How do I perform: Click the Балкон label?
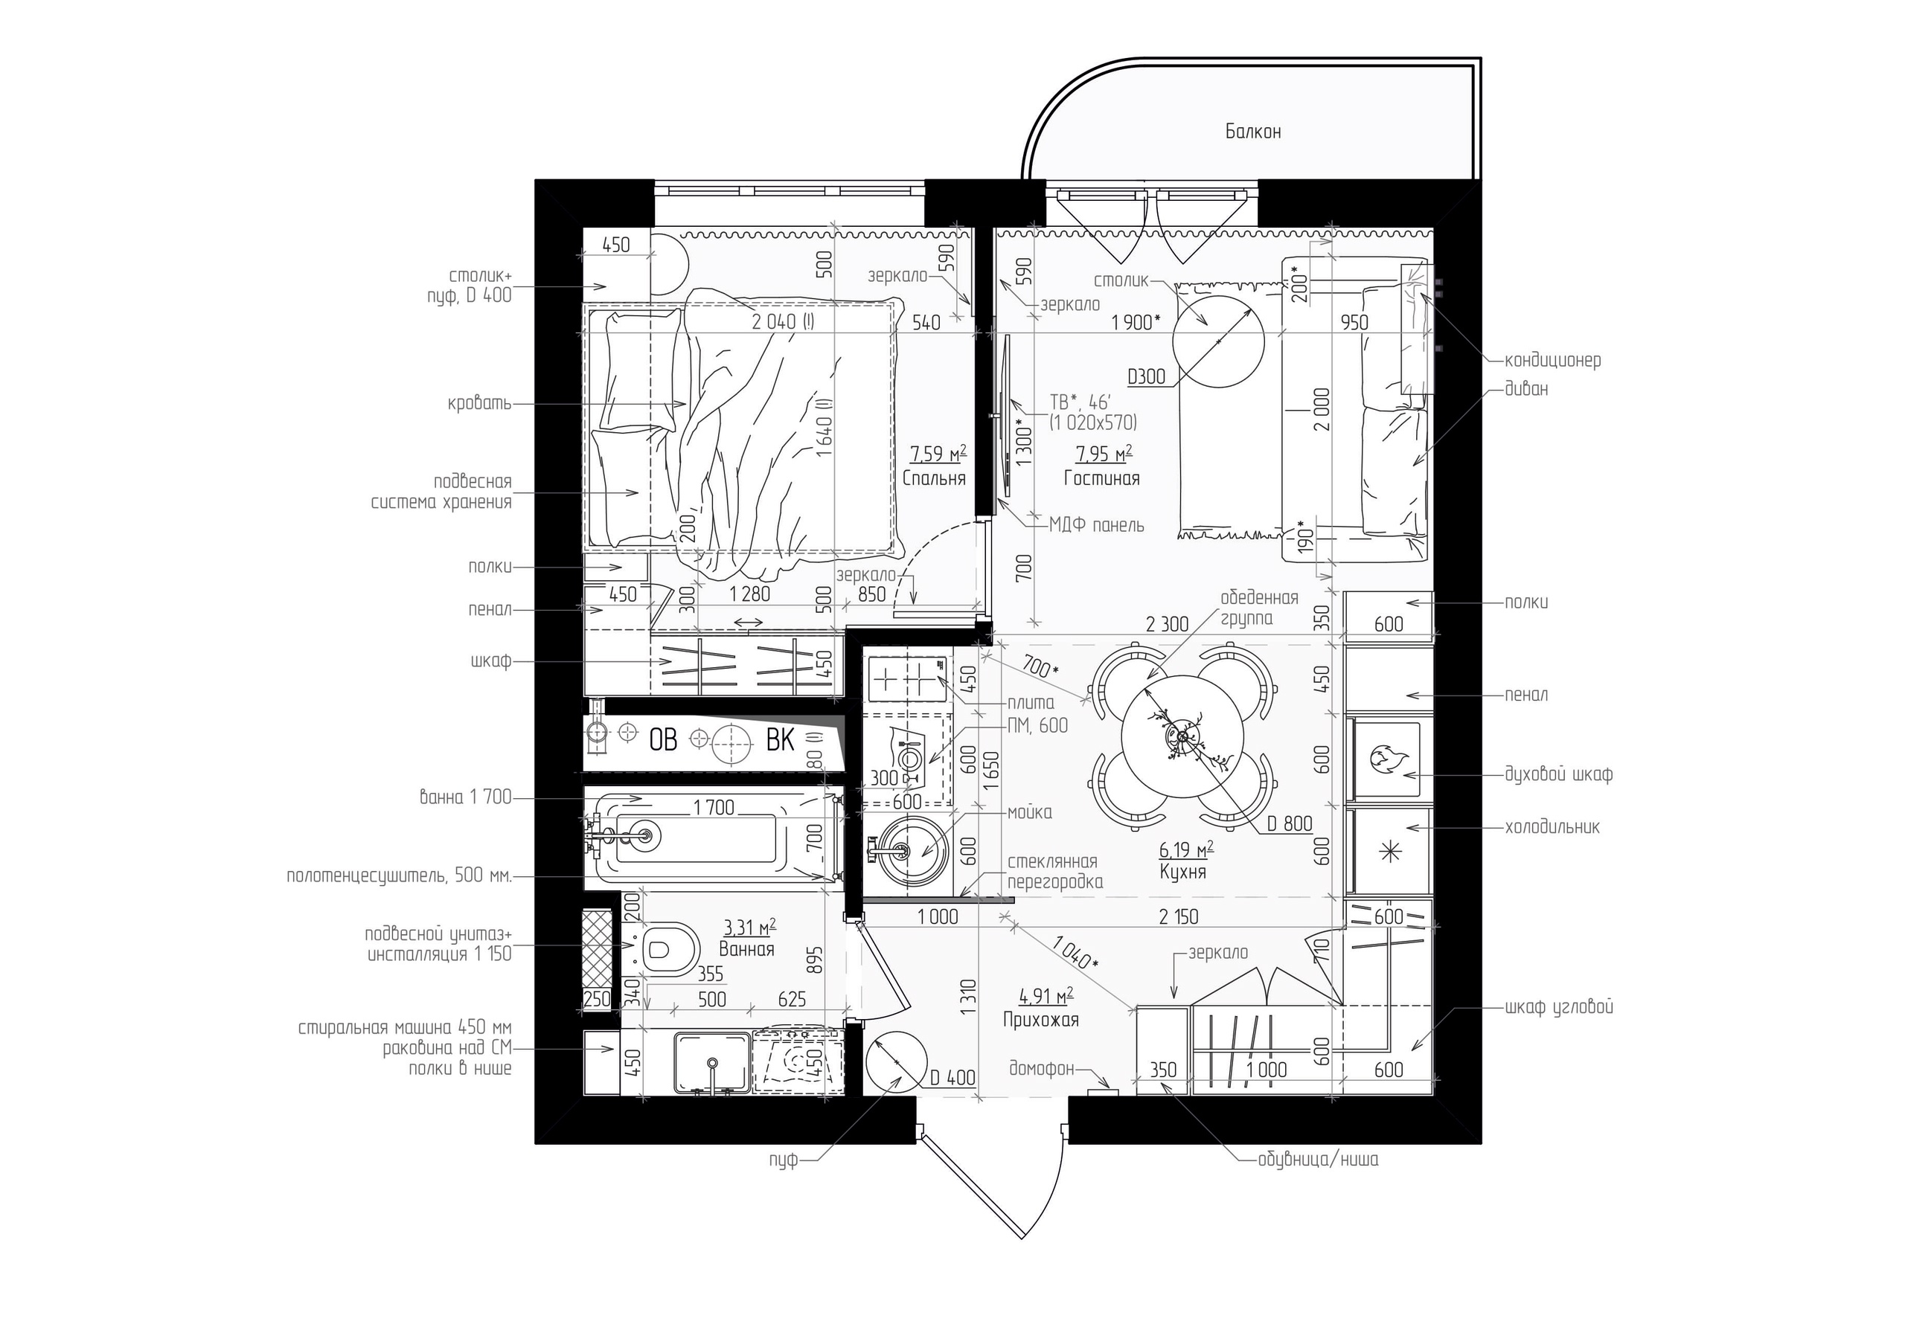click(1253, 131)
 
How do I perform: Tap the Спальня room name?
click(934, 479)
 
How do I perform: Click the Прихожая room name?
click(1041, 1020)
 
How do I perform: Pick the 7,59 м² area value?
click(938, 454)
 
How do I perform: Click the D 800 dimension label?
click(1290, 823)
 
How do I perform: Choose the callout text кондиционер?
click(1552, 361)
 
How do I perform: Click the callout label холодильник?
click(1552, 827)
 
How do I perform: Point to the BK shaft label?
click(780, 739)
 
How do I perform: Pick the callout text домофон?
click(1041, 1068)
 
